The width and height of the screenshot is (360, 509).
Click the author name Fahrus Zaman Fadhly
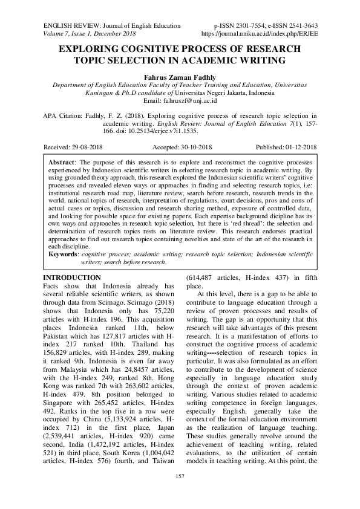click(180, 77)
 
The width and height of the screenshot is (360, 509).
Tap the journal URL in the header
click(267, 34)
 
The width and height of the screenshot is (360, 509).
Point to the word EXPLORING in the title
click(91, 48)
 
